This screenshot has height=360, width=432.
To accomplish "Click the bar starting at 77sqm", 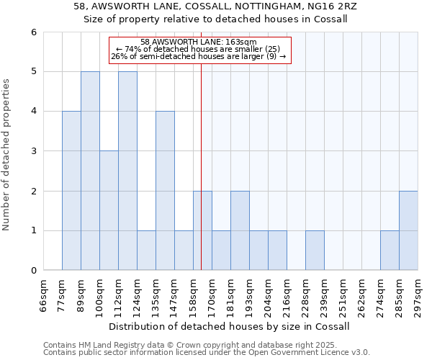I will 71,191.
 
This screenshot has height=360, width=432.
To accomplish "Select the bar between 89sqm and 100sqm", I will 90,171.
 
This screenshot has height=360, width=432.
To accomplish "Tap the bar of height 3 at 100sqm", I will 109,210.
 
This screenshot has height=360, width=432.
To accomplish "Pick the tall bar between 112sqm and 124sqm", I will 127,171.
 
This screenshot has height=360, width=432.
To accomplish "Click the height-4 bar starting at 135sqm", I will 165,191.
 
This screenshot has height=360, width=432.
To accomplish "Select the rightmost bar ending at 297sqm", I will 408,230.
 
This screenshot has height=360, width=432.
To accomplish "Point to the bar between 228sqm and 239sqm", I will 315,251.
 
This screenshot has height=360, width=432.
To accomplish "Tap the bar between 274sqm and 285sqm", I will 390,251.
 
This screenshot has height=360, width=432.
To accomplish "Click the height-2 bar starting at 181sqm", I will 240,230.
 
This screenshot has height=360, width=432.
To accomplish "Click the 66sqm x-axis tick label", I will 44,295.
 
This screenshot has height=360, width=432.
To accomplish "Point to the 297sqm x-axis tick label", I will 418,295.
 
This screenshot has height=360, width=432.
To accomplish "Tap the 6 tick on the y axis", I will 33,32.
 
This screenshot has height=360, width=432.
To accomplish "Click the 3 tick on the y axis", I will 33,151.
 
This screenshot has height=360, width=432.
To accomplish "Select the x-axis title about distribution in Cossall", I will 230,326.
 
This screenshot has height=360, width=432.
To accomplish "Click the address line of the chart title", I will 215,6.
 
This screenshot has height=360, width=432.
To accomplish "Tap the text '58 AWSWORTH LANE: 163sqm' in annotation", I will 199,42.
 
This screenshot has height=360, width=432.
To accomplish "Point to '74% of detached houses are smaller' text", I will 199,49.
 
